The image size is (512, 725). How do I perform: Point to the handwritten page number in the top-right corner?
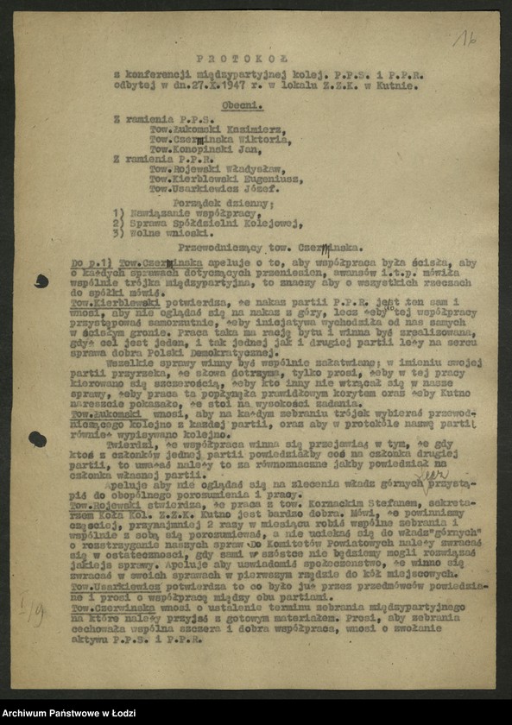(465, 37)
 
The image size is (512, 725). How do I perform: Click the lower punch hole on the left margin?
(37, 439)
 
